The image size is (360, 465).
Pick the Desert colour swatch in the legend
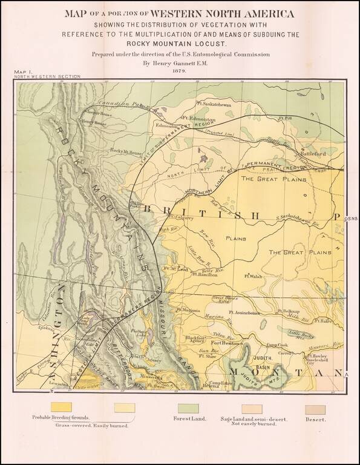[x=315, y=409]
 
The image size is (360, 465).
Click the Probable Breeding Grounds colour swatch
[x=61, y=407]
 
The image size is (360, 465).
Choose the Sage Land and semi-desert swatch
[x=252, y=409]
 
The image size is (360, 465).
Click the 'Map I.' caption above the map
[x=24, y=73]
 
